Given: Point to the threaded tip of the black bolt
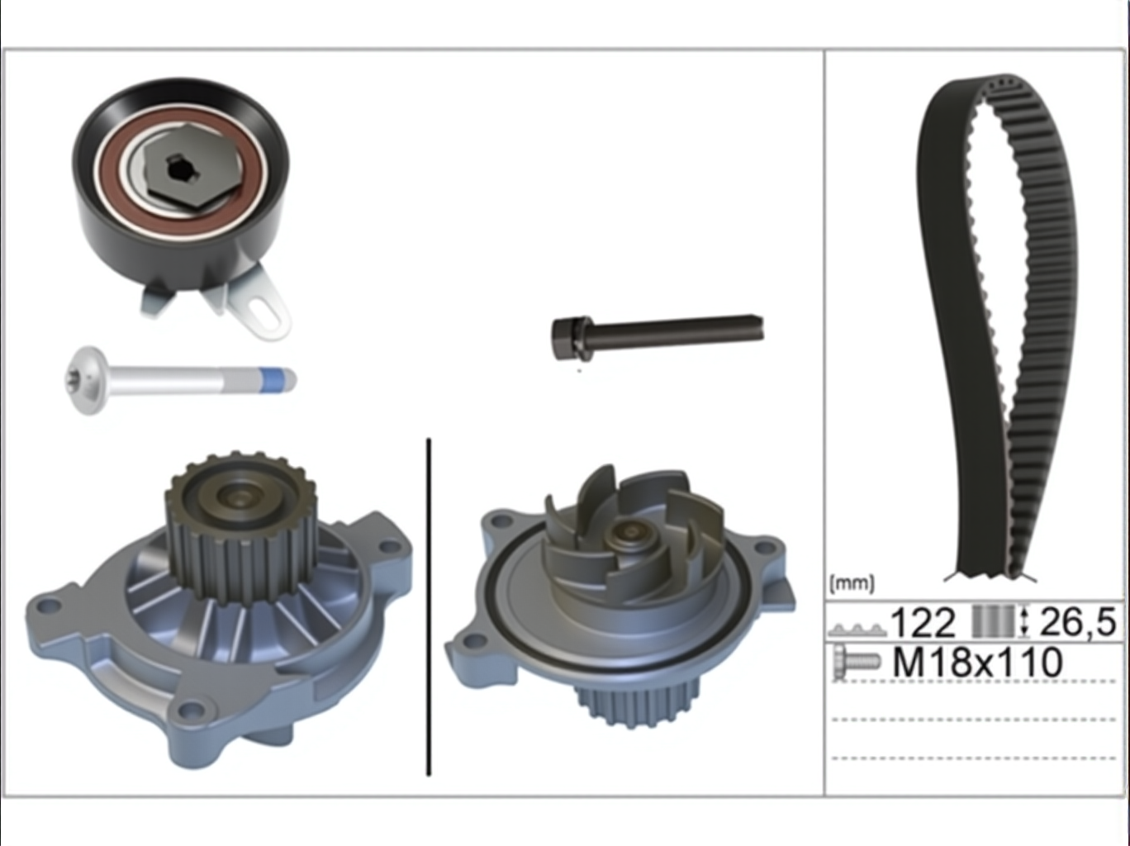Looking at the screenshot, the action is [x=757, y=328].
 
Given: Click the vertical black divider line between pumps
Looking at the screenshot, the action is [x=429, y=607].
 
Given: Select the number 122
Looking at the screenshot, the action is [x=922, y=623].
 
